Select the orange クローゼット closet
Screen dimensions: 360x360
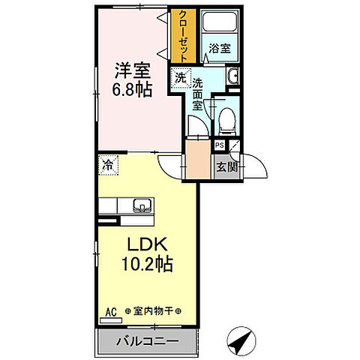click(x=181, y=37)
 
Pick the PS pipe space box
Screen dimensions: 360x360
click(x=219, y=146)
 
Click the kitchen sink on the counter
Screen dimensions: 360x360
click(x=140, y=205)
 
